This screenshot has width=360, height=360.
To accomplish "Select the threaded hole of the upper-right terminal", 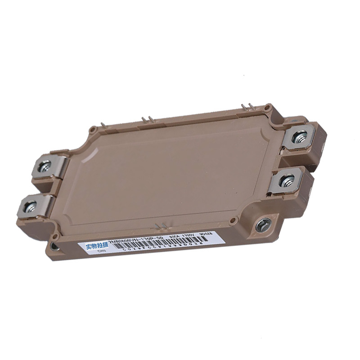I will pyautogui.click(x=299, y=134).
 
